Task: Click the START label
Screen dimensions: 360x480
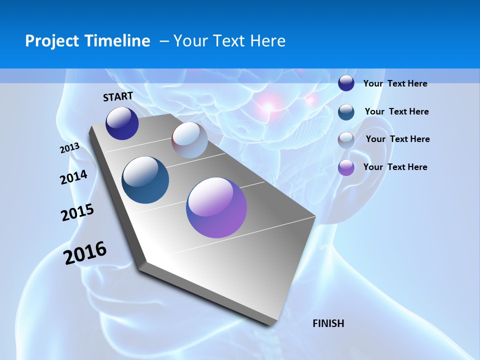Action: point(118,96)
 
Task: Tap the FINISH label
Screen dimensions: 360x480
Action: point(328,323)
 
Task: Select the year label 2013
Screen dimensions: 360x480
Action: point(69,148)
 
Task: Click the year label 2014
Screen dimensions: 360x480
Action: point(74,177)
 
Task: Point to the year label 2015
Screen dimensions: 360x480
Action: point(77,212)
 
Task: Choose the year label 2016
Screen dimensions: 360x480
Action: point(85,253)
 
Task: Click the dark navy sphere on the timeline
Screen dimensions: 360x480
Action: point(122,123)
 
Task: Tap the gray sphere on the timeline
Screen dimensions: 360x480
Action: point(189,140)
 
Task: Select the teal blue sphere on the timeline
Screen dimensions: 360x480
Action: point(145,180)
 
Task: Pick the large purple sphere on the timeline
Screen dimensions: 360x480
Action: point(216,207)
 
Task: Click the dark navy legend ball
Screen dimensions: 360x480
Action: point(346,83)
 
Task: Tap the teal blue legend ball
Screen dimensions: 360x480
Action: point(346,112)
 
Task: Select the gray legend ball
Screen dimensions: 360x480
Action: point(346,139)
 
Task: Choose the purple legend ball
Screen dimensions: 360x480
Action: point(346,167)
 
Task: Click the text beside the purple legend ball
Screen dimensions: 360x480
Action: point(395,167)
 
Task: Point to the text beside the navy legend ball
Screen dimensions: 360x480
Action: point(395,83)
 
